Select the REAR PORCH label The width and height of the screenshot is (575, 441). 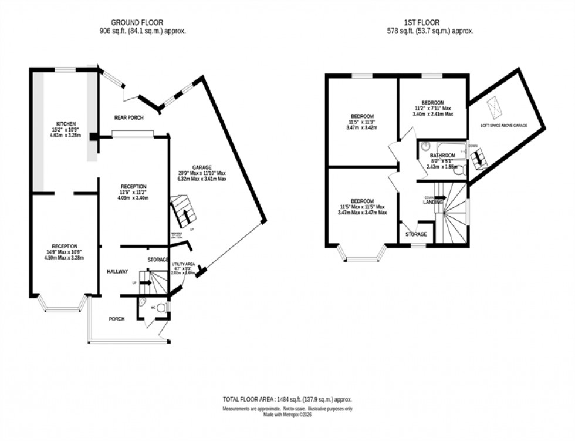129,117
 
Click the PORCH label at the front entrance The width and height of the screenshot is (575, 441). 117,319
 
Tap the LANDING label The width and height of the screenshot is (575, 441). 432,203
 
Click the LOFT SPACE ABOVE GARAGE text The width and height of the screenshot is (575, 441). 504,124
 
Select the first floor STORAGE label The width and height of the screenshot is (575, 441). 416,235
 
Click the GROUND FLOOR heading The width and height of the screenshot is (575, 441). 143,23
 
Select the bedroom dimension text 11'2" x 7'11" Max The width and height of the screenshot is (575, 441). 432,109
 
